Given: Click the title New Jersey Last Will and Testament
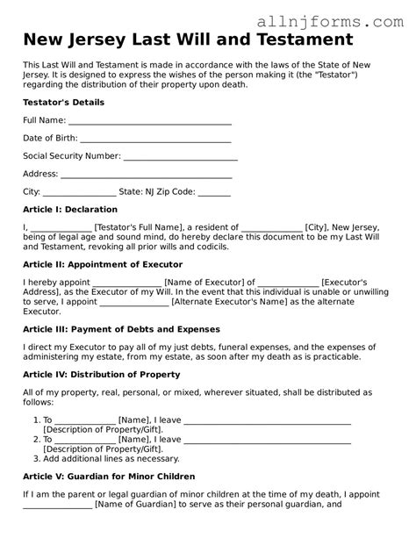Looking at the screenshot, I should (x=188, y=39).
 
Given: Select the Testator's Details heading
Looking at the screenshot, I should (x=63, y=103).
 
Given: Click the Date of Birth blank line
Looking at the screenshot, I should (x=156, y=139).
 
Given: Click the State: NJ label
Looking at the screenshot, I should (x=140, y=191).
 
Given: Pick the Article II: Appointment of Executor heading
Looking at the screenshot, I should (x=103, y=264).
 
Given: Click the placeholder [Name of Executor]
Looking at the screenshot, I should (x=188, y=282).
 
